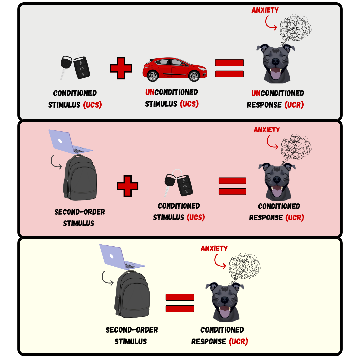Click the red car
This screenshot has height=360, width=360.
[175, 69]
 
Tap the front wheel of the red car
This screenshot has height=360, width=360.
[194, 76]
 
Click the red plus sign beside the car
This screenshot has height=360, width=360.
[121, 68]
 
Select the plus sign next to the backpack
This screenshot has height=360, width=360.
[128, 186]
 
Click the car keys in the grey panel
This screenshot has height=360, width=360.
[75, 67]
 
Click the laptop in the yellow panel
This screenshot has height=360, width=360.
[122, 257]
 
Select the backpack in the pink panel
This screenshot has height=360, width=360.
[80, 177]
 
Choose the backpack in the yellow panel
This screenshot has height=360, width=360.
[132, 294]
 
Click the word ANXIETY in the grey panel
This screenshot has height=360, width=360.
[265, 10]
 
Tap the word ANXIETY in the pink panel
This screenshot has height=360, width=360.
[267, 130]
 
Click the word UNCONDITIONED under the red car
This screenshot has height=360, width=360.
[172, 92]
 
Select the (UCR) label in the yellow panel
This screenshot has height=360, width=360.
[239, 341]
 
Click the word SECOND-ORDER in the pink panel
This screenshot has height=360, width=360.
[80, 212]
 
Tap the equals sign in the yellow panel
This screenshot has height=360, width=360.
[180, 303]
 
